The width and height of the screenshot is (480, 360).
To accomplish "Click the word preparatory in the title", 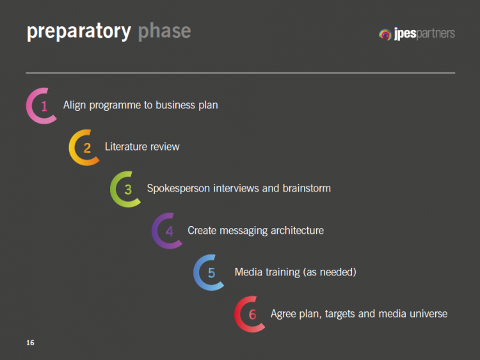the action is point(79,31).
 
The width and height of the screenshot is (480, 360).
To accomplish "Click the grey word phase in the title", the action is point(164,31).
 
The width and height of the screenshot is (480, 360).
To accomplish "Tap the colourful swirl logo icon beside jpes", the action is point(385,35).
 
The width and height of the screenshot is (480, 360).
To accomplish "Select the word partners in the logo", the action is point(436,33).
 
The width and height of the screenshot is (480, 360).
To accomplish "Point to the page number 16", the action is point(30,343).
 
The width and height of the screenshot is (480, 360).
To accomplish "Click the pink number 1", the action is point(44,106).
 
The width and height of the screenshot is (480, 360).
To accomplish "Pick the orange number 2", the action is point(87,148).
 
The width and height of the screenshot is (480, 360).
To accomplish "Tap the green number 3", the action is point(128,190).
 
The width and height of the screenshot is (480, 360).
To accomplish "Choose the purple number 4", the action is point(170,231).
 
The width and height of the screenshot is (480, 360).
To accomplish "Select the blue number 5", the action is point(211,273).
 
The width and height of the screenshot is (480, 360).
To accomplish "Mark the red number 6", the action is point(253,315).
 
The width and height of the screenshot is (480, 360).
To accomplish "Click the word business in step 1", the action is point(175,105).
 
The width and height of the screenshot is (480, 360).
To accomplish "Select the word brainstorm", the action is point(307,188).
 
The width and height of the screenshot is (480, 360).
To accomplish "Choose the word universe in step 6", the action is point(428,314).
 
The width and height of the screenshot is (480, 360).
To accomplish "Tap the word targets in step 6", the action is point(340,315).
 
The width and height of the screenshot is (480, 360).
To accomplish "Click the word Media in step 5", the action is point(248,272).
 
